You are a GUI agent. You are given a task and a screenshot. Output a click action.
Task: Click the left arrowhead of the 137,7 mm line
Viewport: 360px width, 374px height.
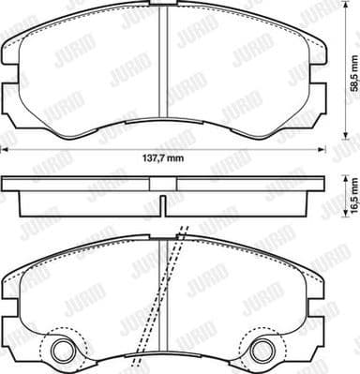tap(4, 149)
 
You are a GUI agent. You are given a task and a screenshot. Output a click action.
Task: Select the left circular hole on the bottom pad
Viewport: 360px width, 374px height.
tap(64, 352)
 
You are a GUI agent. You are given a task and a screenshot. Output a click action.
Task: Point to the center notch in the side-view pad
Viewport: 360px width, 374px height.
tap(165, 204)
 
